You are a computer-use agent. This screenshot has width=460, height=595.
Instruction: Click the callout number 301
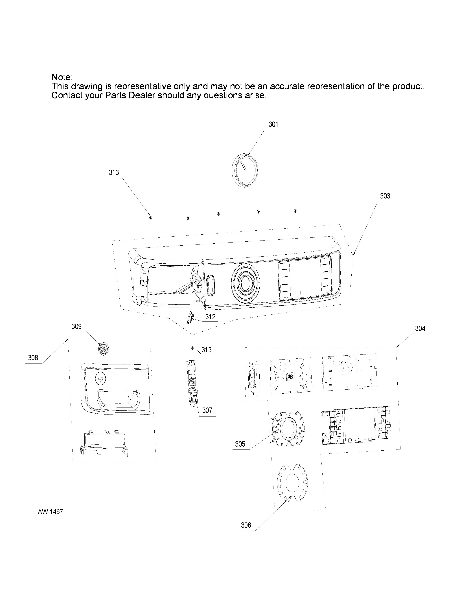pyautogui.click(x=273, y=125)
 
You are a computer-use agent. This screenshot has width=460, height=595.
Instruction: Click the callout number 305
pyautogui.click(x=240, y=444)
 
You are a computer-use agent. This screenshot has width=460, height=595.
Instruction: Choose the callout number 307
pyautogui.click(x=207, y=410)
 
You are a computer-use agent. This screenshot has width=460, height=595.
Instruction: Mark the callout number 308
pyautogui.click(x=33, y=358)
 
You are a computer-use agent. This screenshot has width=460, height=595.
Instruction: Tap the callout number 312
pyautogui.click(x=210, y=317)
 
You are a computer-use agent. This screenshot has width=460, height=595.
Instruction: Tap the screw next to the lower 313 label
pyautogui.click(x=192, y=348)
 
